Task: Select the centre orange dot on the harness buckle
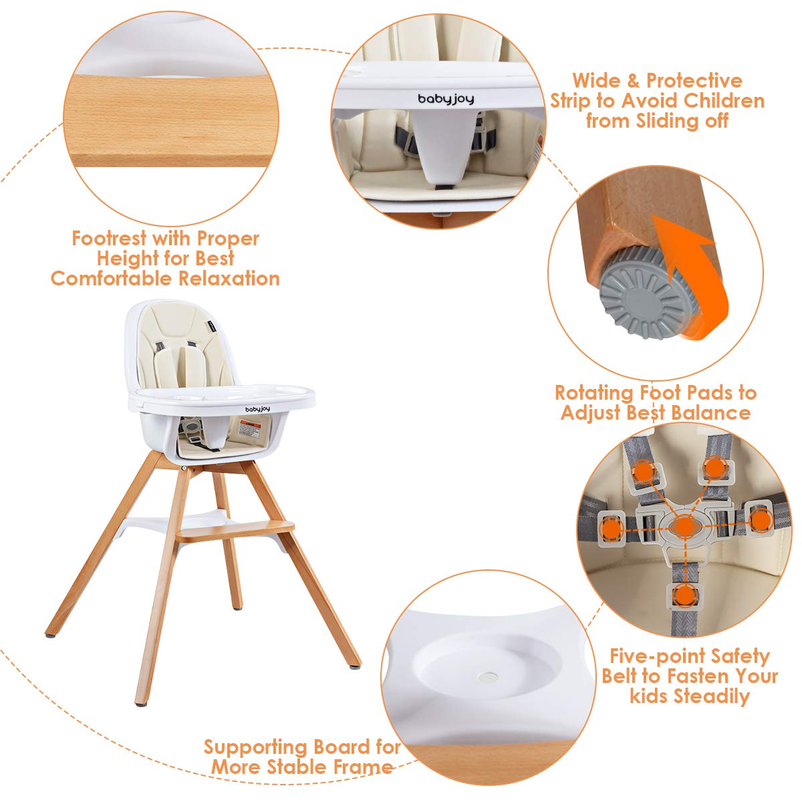(x=683, y=526)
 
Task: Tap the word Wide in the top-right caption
(x=595, y=81)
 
